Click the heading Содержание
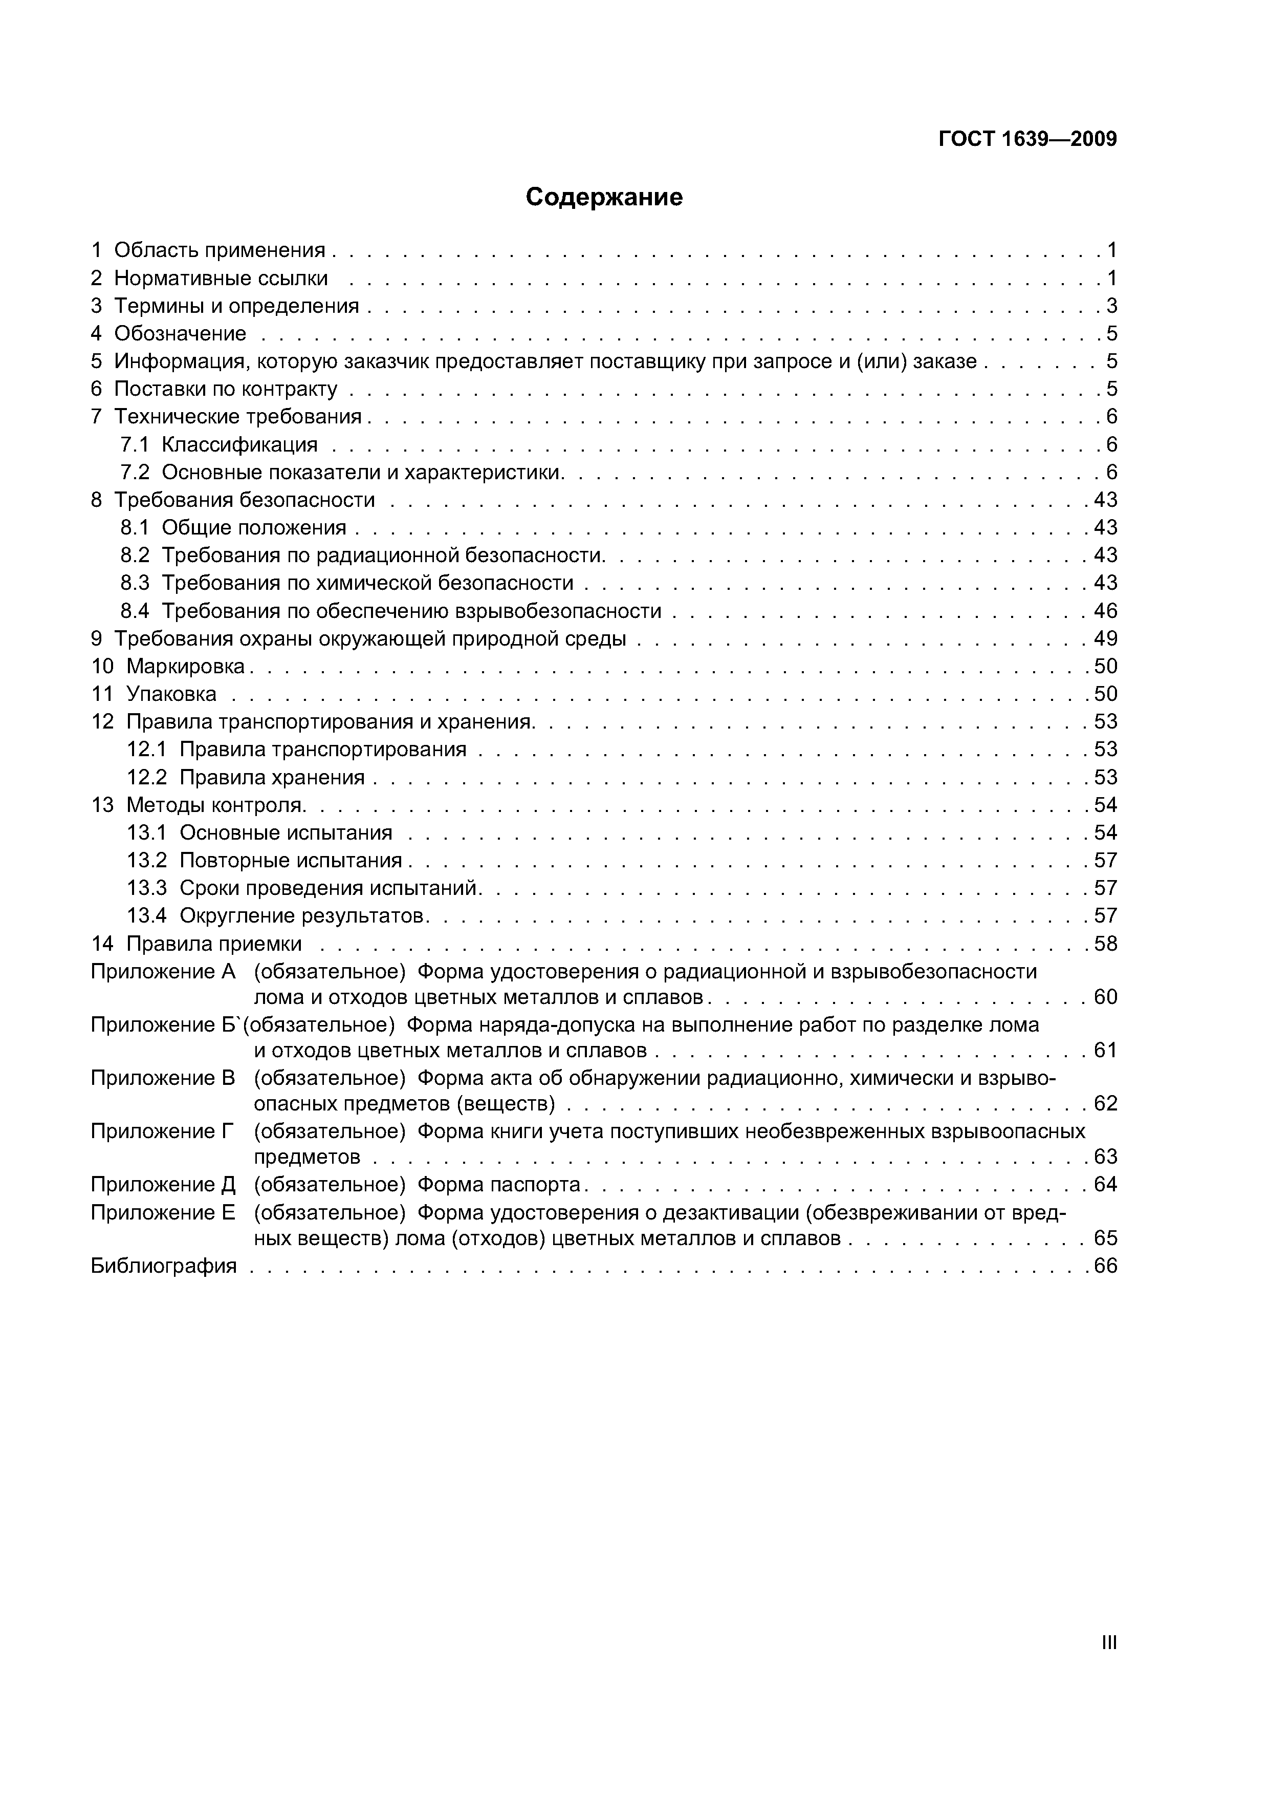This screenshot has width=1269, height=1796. point(604,197)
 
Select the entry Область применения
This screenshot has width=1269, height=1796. point(219,250)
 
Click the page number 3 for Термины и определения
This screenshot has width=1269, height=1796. point(1111,306)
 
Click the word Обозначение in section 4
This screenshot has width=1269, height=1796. point(180,334)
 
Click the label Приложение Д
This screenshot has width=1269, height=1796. point(163,1185)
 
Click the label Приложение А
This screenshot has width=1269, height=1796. point(163,972)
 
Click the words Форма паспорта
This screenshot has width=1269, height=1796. point(499,1185)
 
